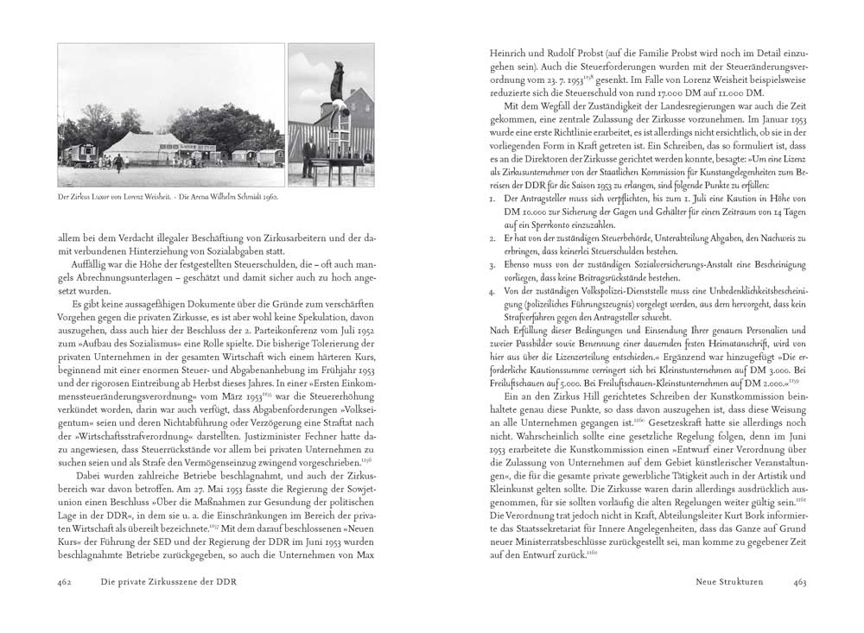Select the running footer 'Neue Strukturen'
point(729,581)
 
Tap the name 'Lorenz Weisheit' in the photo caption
point(137,196)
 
